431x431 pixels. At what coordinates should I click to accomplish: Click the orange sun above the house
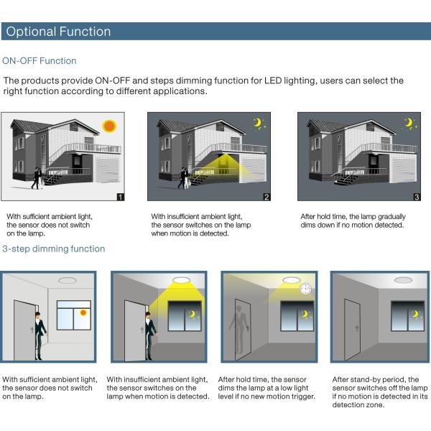click(109, 126)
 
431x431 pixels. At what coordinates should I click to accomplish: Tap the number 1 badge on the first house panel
click(121, 197)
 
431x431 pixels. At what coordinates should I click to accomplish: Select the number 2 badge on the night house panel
click(267, 197)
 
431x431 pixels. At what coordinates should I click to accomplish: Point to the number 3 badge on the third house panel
click(417, 197)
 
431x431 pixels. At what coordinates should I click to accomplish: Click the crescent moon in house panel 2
click(258, 123)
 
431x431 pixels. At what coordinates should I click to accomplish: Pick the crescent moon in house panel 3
click(409, 123)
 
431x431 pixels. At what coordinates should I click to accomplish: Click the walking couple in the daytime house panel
click(37, 178)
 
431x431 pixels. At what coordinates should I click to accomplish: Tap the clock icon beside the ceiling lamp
click(305, 289)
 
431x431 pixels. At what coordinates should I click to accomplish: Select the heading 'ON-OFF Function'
click(40, 61)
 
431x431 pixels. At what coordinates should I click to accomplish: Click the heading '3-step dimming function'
click(54, 249)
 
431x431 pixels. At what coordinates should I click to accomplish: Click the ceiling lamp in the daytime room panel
click(68, 280)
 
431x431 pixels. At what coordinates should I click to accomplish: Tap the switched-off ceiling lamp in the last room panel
click(403, 280)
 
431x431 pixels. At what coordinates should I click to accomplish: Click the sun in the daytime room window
click(83, 312)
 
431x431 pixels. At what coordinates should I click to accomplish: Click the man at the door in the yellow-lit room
click(150, 336)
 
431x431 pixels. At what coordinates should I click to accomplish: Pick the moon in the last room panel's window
click(414, 314)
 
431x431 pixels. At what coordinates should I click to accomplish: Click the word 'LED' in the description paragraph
click(273, 80)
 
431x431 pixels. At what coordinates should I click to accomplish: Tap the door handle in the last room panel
click(356, 328)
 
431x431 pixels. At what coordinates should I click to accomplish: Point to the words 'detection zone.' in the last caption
click(358, 405)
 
